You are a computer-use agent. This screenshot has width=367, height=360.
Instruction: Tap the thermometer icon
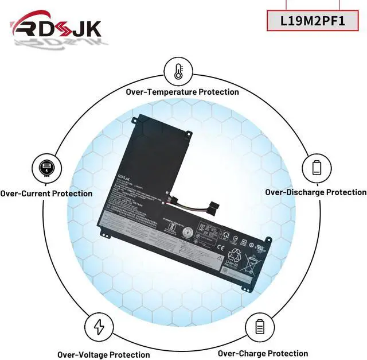point(178,71)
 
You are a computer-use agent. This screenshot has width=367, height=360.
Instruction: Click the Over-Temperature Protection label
point(182,92)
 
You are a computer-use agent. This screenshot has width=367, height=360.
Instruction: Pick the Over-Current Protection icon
point(45,168)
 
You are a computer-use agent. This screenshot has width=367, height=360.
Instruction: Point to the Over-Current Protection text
point(46,193)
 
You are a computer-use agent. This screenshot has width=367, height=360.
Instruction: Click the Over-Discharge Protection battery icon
point(317,168)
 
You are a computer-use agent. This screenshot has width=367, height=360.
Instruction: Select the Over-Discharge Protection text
point(315,192)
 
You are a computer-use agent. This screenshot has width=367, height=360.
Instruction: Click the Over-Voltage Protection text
point(103,354)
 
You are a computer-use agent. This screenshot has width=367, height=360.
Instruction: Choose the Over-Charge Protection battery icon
point(259,328)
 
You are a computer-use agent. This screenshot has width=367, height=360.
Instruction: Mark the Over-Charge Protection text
point(263,353)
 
